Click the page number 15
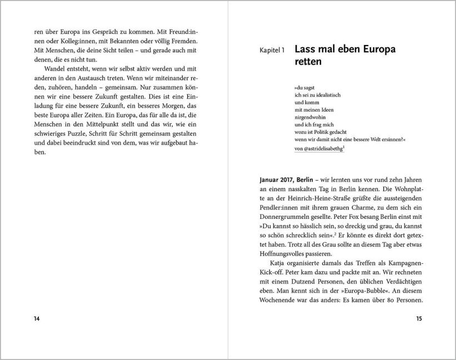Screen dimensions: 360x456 [x=419, y=318]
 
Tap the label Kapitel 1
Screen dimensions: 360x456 [x=272, y=51]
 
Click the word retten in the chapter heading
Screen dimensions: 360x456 [x=309, y=63]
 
